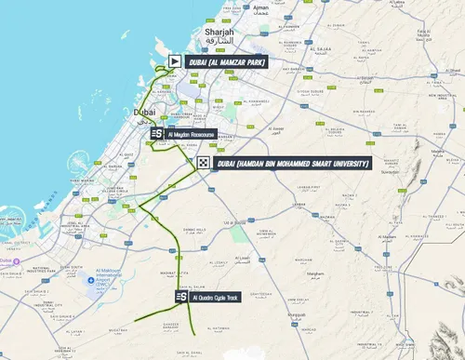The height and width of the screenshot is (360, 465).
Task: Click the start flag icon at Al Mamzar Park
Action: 174,61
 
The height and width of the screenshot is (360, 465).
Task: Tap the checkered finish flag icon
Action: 203,164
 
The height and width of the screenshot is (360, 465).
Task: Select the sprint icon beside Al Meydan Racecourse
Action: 157,135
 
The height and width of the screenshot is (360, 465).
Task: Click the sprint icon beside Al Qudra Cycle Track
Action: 181,297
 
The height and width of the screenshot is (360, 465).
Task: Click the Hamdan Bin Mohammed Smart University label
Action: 292,164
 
